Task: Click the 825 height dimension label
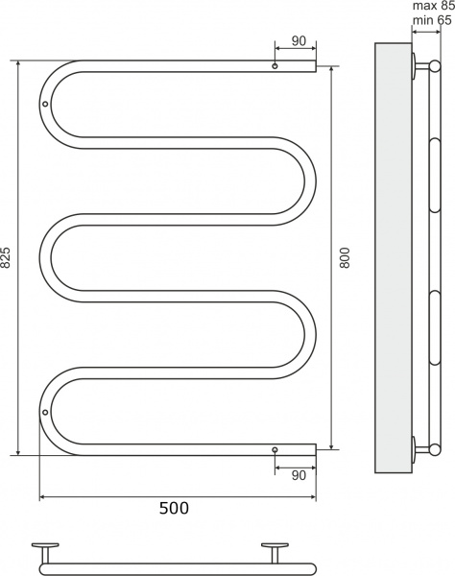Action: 8,257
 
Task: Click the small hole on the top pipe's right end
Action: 275,67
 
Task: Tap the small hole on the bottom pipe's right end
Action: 275,448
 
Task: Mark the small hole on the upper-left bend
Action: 45,104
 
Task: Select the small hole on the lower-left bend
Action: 45,411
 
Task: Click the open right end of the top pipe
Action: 313,67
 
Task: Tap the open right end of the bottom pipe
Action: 313,448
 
